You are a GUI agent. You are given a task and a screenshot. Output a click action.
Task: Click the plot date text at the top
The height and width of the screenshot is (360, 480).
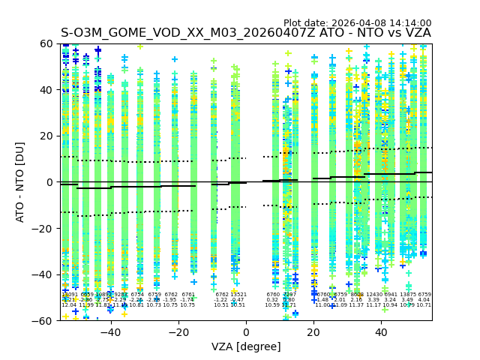click(357, 23)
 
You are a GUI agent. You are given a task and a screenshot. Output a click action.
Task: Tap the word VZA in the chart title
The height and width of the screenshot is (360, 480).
click(416, 33)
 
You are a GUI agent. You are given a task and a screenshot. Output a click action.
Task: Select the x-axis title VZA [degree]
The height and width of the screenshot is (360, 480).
click(246, 346)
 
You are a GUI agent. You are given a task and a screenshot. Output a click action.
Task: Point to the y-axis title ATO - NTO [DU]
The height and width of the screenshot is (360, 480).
click(20, 182)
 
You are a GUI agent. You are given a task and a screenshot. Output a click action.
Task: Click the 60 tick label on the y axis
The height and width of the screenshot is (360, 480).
click(47, 43)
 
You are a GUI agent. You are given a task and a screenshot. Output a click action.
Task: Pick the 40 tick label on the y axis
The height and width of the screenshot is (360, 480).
click(47, 90)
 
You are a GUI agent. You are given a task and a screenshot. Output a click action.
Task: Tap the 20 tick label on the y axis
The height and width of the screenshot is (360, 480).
click(47, 136)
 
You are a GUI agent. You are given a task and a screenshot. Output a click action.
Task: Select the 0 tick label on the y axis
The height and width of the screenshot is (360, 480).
click(50, 182)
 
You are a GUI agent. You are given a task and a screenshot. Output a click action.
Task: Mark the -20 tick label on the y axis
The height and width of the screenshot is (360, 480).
click(44, 228)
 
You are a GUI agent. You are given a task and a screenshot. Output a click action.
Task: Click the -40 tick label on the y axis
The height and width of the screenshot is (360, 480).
click(44, 274)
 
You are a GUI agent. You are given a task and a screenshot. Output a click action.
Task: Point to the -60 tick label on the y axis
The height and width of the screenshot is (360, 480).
click(44, 320)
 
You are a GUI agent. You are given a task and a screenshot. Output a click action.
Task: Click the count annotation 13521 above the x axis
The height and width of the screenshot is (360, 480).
click(238, 295)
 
